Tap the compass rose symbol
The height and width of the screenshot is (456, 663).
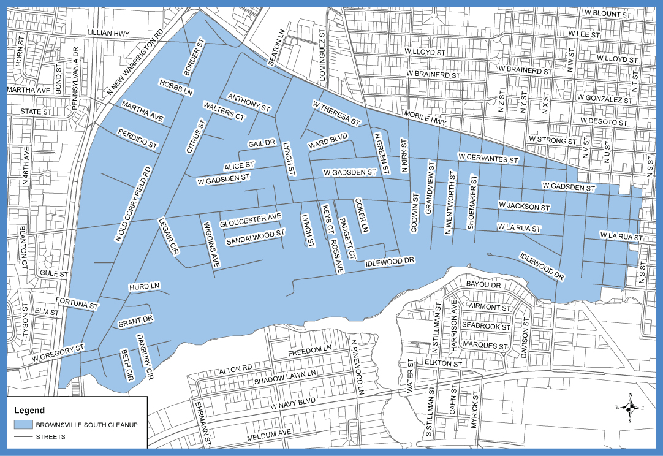coord(630,407)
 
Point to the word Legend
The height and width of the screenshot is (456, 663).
coord(29,410)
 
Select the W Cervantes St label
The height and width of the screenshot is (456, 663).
coord(488,158)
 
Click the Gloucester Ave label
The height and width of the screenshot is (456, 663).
coord(251,218)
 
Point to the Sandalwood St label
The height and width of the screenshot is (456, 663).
coord(256,234)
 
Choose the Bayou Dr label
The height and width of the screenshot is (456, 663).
coord(483,285)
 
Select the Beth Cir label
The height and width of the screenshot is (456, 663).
coord(127,366)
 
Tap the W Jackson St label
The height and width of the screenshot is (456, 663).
coord(524,206)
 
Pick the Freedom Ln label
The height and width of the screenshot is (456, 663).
coord(309,350)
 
